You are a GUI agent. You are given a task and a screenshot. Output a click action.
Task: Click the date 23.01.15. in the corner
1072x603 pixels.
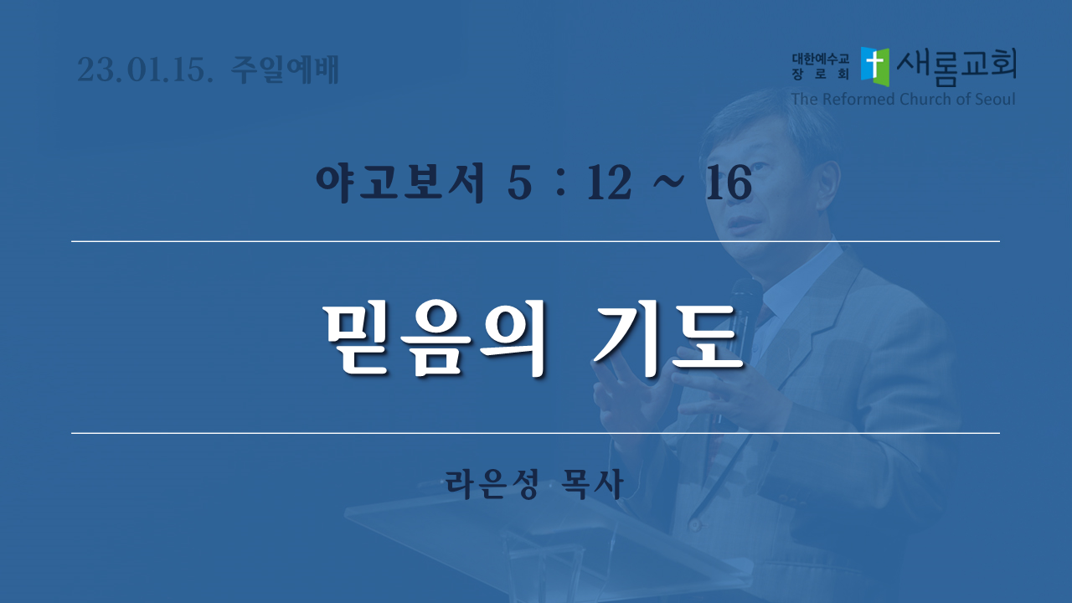coord(145,70)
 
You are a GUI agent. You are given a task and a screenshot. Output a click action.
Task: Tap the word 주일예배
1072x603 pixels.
coord(286,70)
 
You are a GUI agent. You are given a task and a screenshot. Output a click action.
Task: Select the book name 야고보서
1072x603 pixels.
coord(399,183)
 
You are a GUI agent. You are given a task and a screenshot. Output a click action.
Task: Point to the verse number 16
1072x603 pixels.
coord(729,183)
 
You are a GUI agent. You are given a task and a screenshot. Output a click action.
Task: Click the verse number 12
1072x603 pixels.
coord(609,183)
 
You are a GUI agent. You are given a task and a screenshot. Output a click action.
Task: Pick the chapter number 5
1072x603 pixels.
coord(519,183)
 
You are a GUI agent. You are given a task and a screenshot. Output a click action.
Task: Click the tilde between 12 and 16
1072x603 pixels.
coord(668,181)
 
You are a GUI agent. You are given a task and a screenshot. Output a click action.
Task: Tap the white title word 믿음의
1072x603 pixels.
coord(435,339)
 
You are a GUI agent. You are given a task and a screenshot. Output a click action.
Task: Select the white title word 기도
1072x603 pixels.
coord(667,339)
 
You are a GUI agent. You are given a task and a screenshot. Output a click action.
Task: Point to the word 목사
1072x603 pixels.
coord(594,484)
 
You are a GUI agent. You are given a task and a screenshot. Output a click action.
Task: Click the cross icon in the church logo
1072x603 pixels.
coord(875,66)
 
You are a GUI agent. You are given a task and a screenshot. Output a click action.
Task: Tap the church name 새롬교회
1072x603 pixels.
coord(956,66)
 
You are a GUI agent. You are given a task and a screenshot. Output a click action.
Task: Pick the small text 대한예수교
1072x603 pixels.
coord(820,59)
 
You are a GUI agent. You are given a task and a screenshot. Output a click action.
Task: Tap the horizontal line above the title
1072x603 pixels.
coord(535,242)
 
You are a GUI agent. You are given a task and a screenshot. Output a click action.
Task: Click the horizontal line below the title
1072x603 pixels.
coord(535,433)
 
